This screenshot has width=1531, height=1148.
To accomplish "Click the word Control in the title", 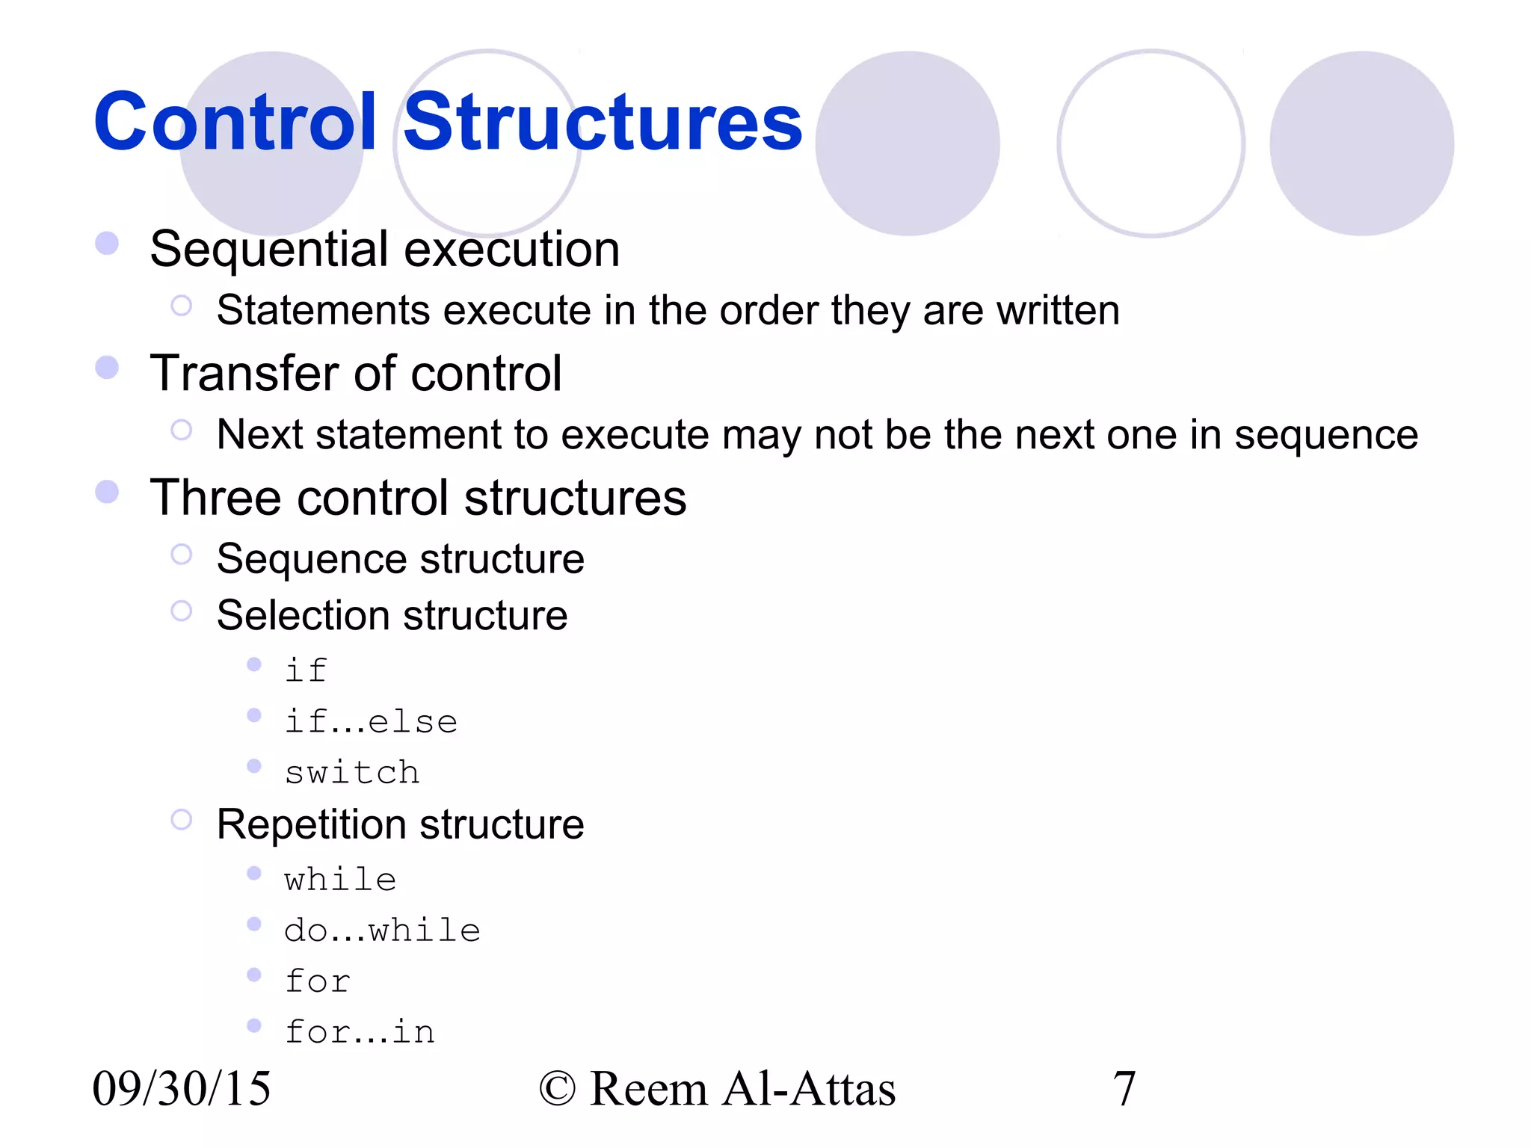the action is (x=235, y=121).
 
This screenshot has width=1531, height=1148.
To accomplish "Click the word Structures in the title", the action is (x=603, y=121).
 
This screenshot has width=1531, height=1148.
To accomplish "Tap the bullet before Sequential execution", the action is (x=107, y=243).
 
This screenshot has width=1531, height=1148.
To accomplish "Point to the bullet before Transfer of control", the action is (x=107, y=367).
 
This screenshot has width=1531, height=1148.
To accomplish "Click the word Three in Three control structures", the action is (x=216, y=498).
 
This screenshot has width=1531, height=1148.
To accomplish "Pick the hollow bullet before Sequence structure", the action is (x=181, y=554).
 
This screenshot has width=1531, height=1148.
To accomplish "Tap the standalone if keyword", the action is (x=306, y=670).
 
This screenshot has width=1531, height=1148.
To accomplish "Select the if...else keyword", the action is (x=371, y=721).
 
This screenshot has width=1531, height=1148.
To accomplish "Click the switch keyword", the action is (x=352, y=772).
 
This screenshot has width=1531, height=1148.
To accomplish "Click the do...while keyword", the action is (x=382, y=931).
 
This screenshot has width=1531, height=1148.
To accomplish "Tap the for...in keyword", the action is (x=360, y=1032).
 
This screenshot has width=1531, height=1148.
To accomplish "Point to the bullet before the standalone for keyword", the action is (x=254, y=975).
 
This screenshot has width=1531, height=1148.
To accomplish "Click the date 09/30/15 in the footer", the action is (x=182, y=1088).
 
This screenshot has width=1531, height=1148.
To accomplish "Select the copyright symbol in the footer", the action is (x=558, y=1089).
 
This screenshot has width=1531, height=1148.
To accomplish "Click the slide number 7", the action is (x=1124, y=1088).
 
